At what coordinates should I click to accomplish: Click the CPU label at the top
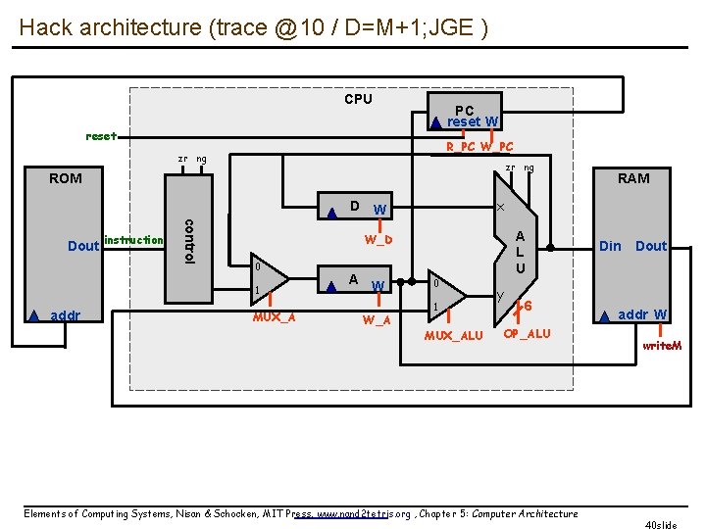(358, 99)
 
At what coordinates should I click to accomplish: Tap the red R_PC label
(461, 147)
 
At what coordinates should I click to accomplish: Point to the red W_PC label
(497, 147)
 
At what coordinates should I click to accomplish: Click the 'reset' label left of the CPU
(101, 136)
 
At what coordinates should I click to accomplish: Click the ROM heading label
(66, 178)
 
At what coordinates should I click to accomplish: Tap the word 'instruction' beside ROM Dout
(133, 240)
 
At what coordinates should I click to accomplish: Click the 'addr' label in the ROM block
(66, 315)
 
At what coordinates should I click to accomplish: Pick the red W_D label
(378, 240)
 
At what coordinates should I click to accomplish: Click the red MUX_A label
(275, 316)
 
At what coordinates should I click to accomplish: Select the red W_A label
(377, 319)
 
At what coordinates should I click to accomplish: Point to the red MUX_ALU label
(453, 336)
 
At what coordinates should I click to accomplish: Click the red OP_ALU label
(527, 333)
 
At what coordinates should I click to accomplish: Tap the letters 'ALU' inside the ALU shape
(521, 252)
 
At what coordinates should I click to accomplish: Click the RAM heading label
(633, 178)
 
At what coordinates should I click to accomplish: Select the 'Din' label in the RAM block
(610, 246)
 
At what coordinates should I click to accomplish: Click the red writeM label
(662, 346)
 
